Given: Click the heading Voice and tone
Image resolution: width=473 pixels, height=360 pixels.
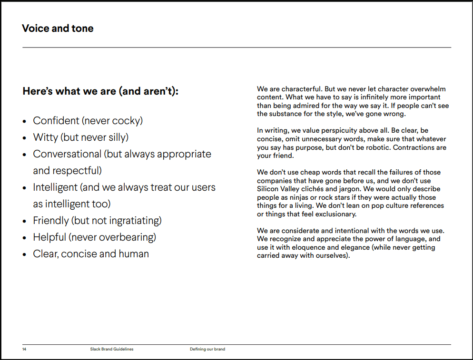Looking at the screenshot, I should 58,29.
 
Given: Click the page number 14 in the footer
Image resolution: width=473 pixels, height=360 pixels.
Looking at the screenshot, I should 24,349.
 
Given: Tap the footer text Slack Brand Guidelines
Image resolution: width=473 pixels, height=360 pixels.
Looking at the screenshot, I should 112,349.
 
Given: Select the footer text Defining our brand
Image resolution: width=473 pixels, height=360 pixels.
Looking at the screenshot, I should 207,349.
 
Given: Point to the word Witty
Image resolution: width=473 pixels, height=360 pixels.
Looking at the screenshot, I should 45,137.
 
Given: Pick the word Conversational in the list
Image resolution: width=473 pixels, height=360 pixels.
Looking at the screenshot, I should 67,154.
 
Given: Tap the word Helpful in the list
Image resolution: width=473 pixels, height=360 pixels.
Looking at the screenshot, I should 49,237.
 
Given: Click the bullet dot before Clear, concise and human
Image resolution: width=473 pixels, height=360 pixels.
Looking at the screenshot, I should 25,254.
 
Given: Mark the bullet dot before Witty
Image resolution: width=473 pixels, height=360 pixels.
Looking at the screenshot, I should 25,138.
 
